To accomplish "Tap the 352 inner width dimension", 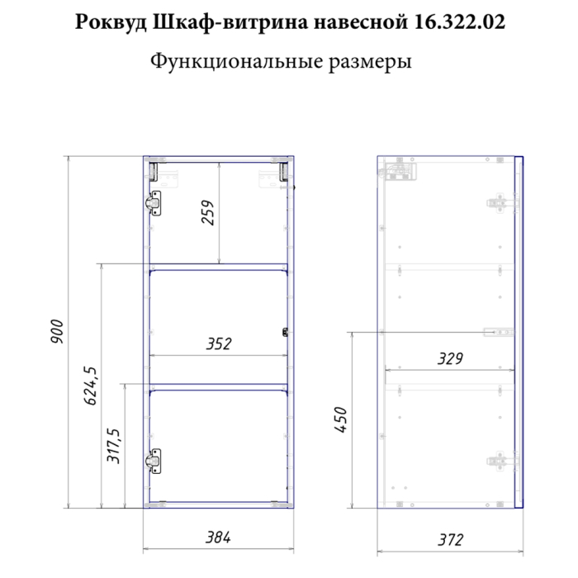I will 218,343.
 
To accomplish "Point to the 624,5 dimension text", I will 90,386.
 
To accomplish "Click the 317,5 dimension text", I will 115,446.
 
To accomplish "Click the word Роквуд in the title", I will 111,24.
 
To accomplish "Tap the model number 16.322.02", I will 457,23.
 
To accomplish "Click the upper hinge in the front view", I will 154,201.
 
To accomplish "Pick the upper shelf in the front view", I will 218,266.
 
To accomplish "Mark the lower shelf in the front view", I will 218,386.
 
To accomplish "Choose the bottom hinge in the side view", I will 497,459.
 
